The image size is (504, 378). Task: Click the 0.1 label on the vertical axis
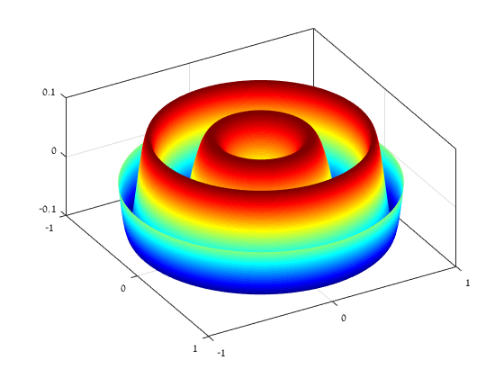[49, 92]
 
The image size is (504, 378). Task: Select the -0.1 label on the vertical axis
[48, 209]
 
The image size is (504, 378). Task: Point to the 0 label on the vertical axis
[54, 151]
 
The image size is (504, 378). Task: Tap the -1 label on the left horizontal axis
[49, 228]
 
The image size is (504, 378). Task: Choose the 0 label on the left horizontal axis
[123, 288]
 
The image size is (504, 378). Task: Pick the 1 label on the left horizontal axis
[194, 348]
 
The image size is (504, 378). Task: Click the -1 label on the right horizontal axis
[221, 353]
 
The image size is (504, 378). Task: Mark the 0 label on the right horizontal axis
[344, 318]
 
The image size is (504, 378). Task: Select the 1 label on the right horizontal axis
[468, 283]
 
